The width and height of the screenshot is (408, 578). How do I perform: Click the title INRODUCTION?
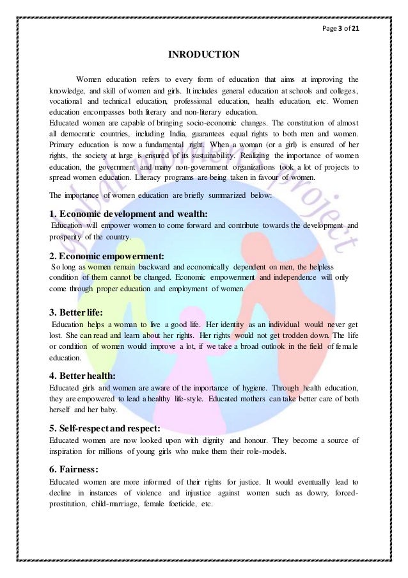click(203, 55)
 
